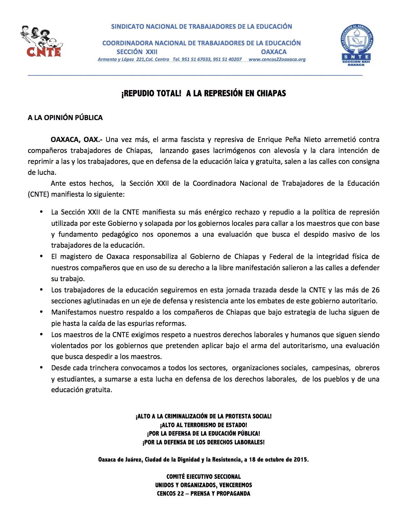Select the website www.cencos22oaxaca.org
click(277, 59)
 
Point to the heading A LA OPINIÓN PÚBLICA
click(65, 118)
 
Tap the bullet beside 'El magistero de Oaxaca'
click(41, 256)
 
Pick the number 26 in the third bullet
click(376, 290)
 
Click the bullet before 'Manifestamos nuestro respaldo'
click(41, 312)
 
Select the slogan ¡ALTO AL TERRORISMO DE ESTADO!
click(204, 425)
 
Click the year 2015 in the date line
click(300, 459)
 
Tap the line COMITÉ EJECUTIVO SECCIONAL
click(204, 477)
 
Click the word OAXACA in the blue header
click(274, 52)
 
